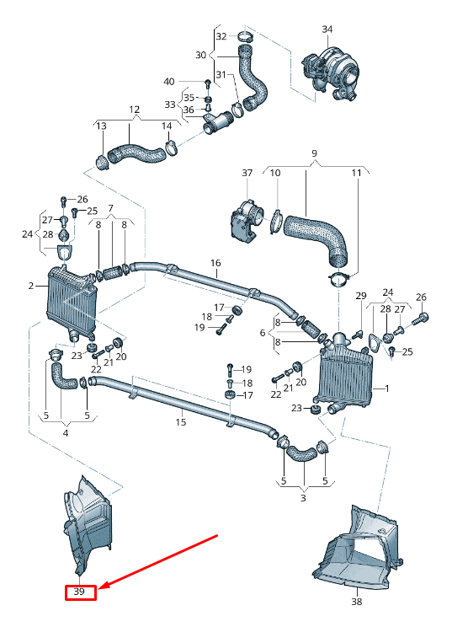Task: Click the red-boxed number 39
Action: coord(82,592)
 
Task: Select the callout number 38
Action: coord(356,603)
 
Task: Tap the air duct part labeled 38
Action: coord(358,552)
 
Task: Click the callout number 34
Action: coord(327,29)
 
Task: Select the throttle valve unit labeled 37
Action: coord(245,221)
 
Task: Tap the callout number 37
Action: coord(247,173)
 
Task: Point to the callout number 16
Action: coord(215,263)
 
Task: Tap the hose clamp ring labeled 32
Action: coord(244,37)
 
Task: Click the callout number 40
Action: coord(169,82)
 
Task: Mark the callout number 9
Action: coord(314,153)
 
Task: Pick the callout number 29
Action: coord(361,296)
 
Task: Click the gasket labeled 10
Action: coord(275,222)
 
